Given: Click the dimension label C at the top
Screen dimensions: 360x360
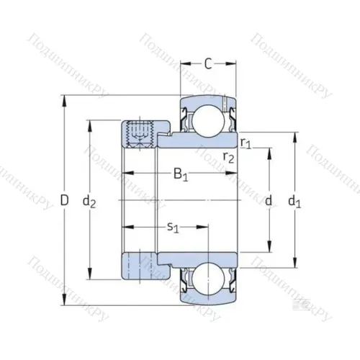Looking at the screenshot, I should click(207, 64).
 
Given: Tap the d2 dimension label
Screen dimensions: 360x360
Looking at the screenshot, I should click(89, 202).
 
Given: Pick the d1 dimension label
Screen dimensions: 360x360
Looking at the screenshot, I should click(294, 202).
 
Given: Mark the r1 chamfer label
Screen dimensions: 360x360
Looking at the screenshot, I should click(245, 143).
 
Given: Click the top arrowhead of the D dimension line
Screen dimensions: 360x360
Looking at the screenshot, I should click(64, 98).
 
